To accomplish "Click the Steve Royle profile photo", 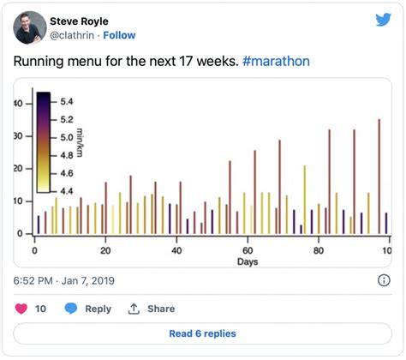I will pyautogui.click(x=30, y=27).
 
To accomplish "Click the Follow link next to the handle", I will pyautogui.click(x=119, y=35).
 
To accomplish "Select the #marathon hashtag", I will pyautogui.click(x=277, y=62).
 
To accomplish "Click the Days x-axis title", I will pyautogui.click(x=248, y=261).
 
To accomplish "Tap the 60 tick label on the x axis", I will pyautogui.click(x=248, y=249).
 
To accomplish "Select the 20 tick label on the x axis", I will pyautogui.click(x=105, y=249).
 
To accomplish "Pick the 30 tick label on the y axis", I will pyautogui.click(x=18, y=136).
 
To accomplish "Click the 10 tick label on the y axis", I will pyautogui.click(x=18, y=201).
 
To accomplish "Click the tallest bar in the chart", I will pyautogui.click(x=379, y=176).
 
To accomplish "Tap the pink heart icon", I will pyautogui.click(x=21, y=309).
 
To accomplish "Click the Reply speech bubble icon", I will pyautogui.click(x=71, y=309).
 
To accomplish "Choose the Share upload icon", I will pyautogui.click(x=134, y=309).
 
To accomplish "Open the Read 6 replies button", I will pyautogui.click(x=202, y=333).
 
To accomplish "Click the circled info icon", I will pyautogui.click(x=384, y=280).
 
